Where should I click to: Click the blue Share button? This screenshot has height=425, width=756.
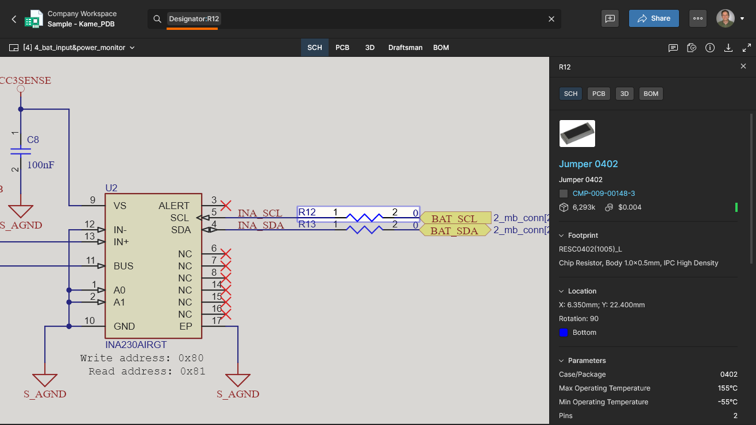click(x=654, y=18)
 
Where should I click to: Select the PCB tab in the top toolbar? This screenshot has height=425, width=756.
click(x=342, y=48)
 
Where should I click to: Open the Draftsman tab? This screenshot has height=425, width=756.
click(x=406, y=48)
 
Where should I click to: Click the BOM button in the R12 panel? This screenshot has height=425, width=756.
click(x=651, y=94)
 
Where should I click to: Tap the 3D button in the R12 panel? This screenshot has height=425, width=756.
click(x=624, y=94)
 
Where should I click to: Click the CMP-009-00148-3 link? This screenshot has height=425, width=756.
click(x=604, y=194)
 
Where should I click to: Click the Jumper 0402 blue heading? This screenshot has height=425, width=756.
click(x=588, y=164)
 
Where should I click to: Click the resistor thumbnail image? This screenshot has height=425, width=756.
click(x=577, y=134)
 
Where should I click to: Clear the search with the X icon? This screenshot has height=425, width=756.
click(x=551, y=19)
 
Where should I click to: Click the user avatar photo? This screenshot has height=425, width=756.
click(x=726, y=18)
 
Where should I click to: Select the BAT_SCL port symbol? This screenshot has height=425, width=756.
click(x=455, y=218)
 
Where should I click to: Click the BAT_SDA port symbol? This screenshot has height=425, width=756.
click(x=455, y=230)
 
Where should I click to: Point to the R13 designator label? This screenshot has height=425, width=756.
click(x=307, y=225)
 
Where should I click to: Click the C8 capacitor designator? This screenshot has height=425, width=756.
click(x=33, y=140)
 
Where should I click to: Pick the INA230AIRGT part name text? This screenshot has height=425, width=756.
click(x=136, y=345)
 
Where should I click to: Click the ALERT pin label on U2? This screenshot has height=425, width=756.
click(x=174, y=206)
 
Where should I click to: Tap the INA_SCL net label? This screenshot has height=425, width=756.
click(x=260, y=213)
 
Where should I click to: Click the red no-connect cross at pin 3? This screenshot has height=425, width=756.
click(x=226, y=206)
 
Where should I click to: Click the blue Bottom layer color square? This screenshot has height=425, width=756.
click(x=564, y=333)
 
